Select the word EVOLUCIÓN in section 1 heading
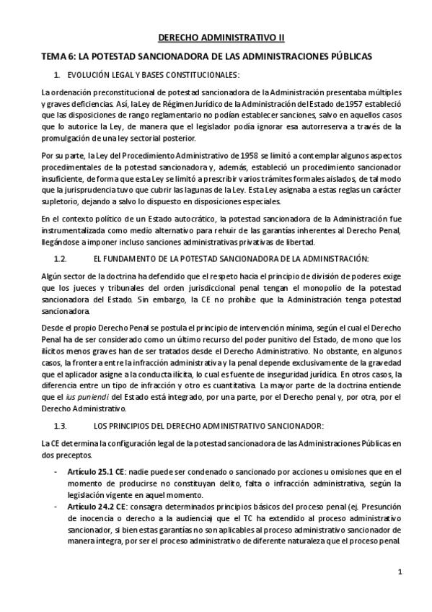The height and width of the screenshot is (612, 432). point(90,74)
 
